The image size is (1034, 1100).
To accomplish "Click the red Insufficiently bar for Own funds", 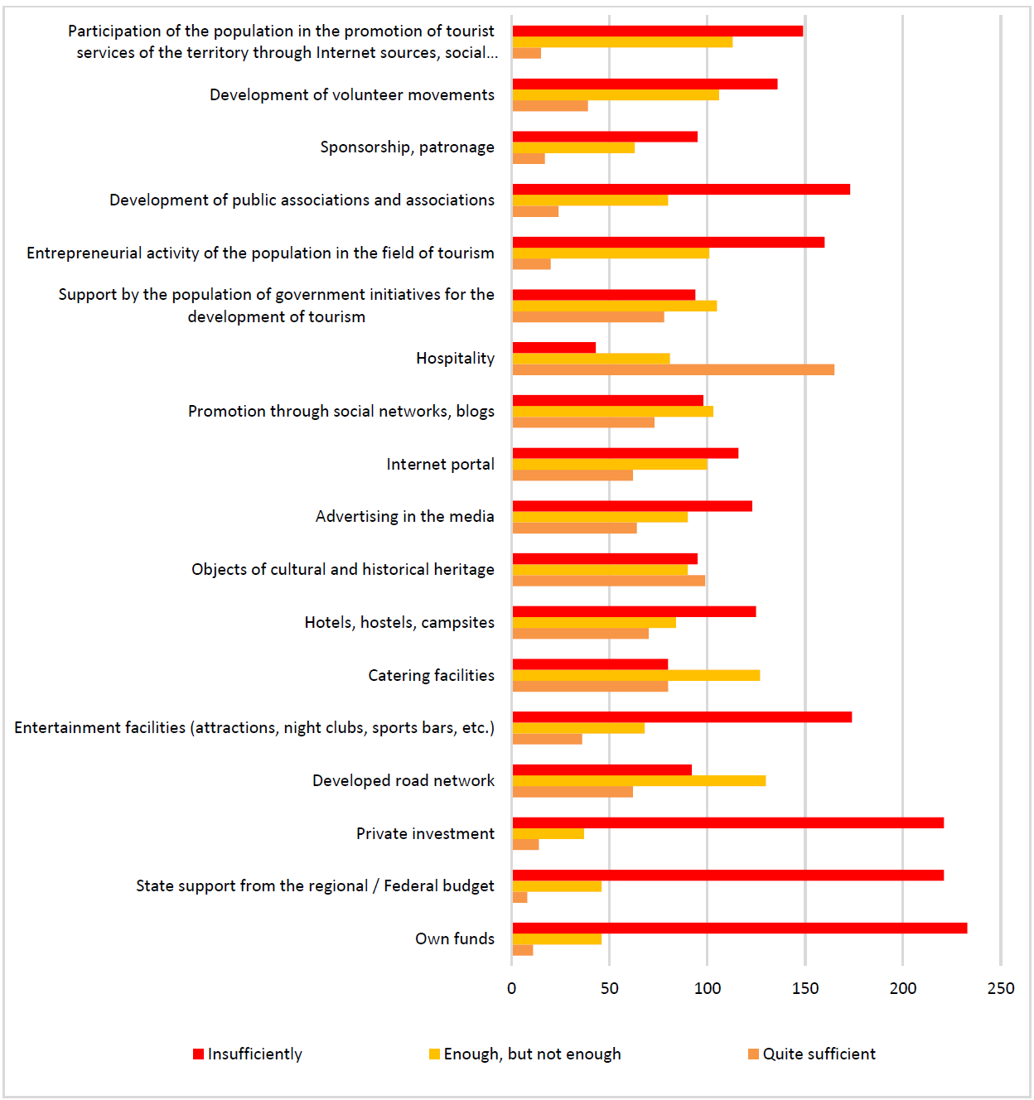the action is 740,929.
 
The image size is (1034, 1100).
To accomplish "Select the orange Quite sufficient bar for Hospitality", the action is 674,369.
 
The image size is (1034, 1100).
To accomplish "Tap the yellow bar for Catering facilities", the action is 636,675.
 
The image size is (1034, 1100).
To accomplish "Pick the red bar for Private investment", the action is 728,823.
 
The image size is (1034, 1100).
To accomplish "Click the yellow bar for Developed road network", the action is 639,780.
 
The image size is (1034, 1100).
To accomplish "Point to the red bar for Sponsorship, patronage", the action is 605,137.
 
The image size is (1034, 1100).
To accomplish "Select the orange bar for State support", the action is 519,897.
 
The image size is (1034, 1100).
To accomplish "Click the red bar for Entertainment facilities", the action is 682,716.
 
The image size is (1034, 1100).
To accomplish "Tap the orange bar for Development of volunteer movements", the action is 550,106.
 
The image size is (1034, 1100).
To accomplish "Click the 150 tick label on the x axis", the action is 804,989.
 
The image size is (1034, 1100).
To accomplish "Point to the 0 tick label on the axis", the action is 511,989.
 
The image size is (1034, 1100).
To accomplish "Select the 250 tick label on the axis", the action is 1001,989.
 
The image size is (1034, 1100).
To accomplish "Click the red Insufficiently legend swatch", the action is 198,1054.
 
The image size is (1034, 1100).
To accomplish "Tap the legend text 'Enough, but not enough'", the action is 532,1054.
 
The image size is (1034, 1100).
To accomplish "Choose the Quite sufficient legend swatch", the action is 754,1054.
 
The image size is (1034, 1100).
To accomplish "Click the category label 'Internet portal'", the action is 440,464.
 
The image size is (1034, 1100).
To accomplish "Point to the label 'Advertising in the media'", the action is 404,517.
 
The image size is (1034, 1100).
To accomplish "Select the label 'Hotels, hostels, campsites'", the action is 399,623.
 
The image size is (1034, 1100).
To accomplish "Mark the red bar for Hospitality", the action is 554,347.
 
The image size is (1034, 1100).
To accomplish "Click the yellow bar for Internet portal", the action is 610,464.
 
